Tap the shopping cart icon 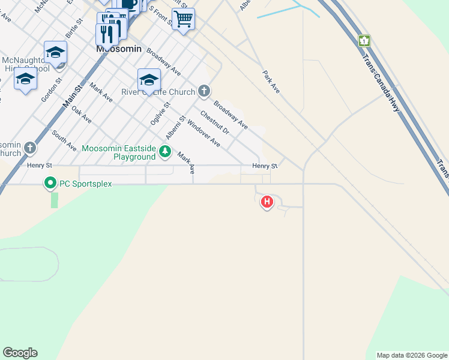(x=183, y=19)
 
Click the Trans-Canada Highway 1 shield (x=364, y=41)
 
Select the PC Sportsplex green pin (x=50, y=184)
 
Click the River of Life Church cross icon (x=204, y=92)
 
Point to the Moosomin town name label (x=118, y=49)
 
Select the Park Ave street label (x=271, y=82)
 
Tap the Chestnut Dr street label (x=215, y=122)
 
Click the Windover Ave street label (x=203, y=133)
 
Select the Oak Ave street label (x=81, y=115)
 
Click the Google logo (x=20, y=353)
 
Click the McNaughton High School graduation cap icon (x=55, y=52)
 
